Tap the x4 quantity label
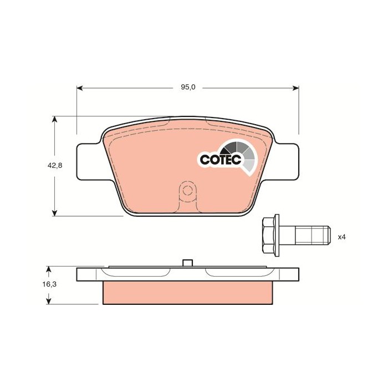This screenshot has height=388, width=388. pos(342,237)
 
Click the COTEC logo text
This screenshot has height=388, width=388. pos(219,160)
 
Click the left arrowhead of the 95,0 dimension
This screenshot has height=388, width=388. pos(80,88)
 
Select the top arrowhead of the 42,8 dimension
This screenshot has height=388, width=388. pos(54,119)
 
